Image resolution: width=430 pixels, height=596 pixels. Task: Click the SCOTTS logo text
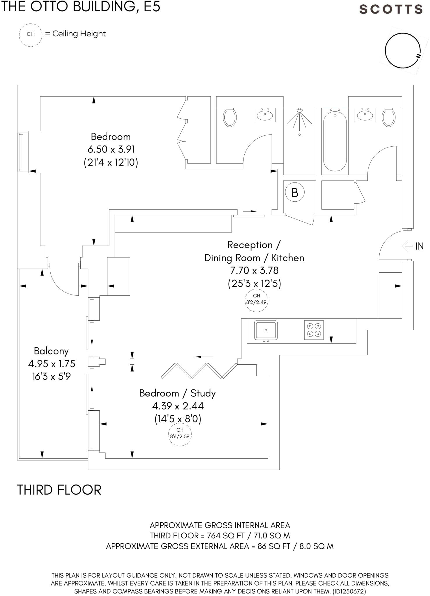click(x=391, y=9)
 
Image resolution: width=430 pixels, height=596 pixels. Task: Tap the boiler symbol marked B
click(x=295, y=192)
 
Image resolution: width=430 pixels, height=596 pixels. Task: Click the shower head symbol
click(x=300, y=111)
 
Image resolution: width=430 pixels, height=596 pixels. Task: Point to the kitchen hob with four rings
click(x=314, y=330)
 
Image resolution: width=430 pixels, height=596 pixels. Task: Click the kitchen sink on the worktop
click(x=266, y=330)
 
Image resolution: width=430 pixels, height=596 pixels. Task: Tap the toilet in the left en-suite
click(x=230, y=118)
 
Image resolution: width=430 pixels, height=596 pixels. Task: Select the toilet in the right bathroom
click(x=389, y=118)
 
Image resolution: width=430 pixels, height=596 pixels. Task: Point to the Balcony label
click(x=51, y=351)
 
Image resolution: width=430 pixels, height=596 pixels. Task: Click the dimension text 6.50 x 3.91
click(x=111, y=149)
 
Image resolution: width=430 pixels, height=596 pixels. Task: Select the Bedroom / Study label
click(x=177, y=393)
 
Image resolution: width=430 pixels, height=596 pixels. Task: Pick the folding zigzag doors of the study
click(x=200, y=370)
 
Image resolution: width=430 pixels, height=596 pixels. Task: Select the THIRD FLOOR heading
click(x=59, y=490)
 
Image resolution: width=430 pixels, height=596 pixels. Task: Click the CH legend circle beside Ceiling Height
click(x=31, y=34)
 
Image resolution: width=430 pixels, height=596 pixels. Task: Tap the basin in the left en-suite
click(x=265, y=114)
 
